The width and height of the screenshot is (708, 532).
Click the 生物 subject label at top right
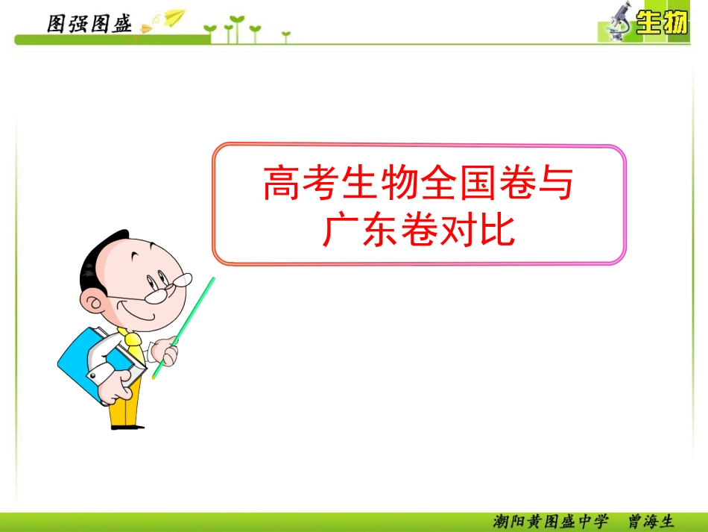click(661, 25)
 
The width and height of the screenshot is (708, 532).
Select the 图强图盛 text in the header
click(89, 25)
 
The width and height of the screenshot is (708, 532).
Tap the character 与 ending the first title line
click(554, 184)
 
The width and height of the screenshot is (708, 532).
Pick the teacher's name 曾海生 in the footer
click(651, 521)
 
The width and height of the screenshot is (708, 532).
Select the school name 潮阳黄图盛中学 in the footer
click(551, 521)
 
